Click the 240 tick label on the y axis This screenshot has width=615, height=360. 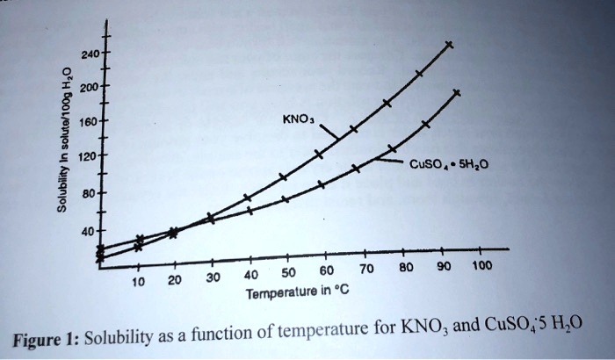pos(89,54)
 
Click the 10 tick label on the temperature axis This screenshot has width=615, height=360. pos(137,282)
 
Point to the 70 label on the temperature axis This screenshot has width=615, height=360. pos(366,267)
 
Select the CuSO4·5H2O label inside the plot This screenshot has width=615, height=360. pos(448,164)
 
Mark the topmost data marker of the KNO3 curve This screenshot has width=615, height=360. pos(450,44)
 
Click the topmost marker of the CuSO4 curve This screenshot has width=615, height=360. pos(456,91)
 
